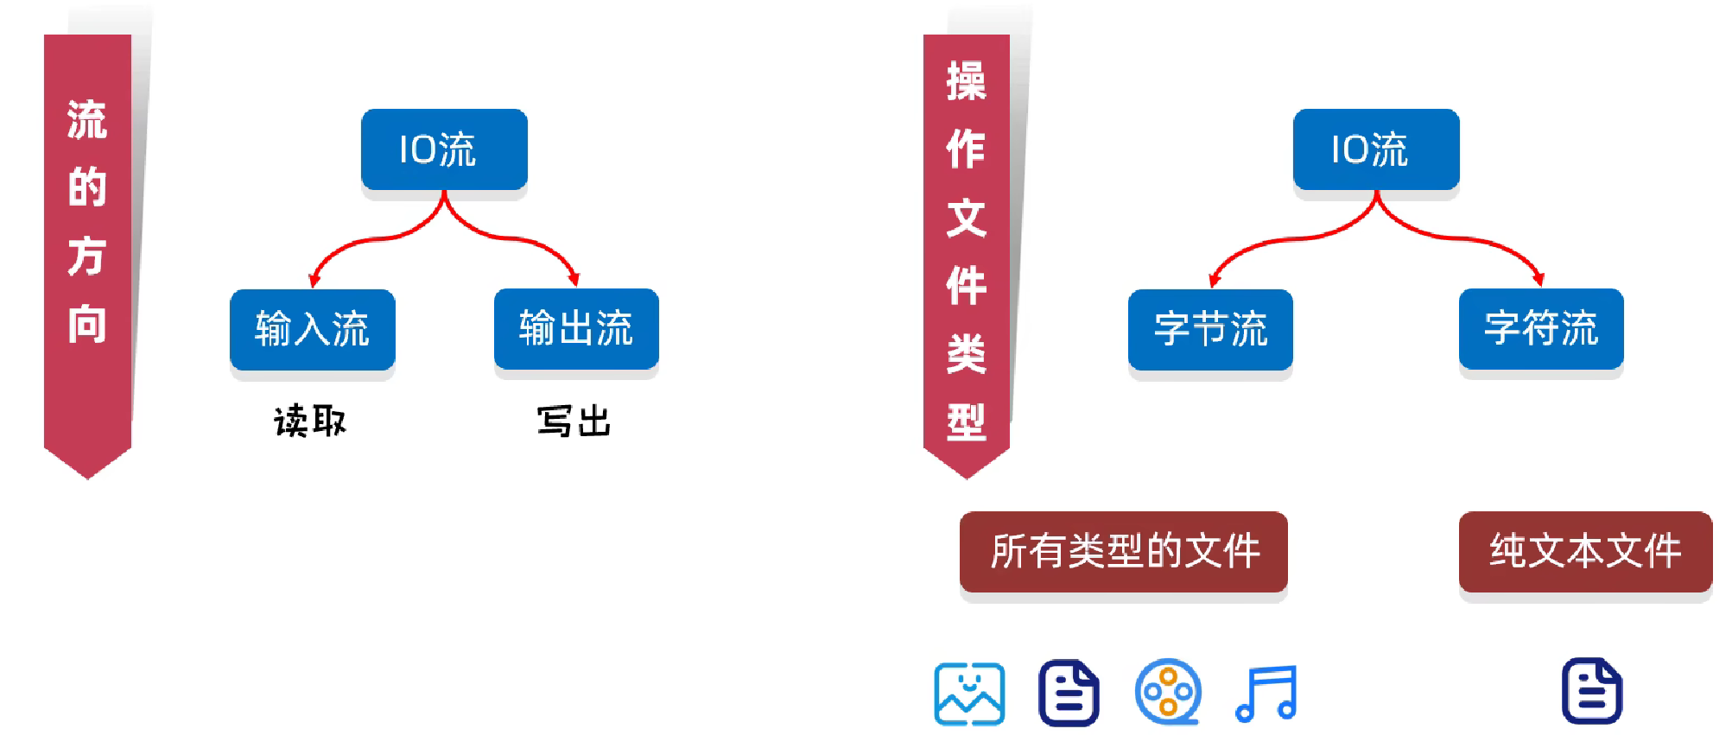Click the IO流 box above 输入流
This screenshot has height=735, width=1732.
tap(444, 149)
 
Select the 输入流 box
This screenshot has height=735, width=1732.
tap(312, 329)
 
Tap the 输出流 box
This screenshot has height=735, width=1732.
tap(576, 328)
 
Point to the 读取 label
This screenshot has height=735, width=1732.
tap(310, 421)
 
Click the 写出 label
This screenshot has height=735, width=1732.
tap(574, 421)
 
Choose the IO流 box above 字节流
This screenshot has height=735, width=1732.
tap(1375, 149)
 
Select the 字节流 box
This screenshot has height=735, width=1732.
tap(1210, 329)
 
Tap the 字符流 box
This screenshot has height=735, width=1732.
tap(1541, 328)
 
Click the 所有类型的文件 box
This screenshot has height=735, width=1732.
tap(1123, 551)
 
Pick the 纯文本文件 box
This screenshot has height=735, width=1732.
tap(1585, 551)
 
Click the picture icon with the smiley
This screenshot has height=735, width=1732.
tap(969, 694)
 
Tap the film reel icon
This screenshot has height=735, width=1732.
tap(1168, 692)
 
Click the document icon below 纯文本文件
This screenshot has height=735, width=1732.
tap(1592, 691)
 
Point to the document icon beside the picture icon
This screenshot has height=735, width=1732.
tap(1069, 693)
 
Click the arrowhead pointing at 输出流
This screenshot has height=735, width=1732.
tap(574, 279)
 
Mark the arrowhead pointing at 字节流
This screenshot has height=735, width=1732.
tap(1214, 280)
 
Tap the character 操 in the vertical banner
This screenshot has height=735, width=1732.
tap(966, 82)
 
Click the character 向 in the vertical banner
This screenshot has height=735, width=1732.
tap(87, 325)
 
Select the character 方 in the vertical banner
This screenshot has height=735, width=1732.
tap(87, 257)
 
